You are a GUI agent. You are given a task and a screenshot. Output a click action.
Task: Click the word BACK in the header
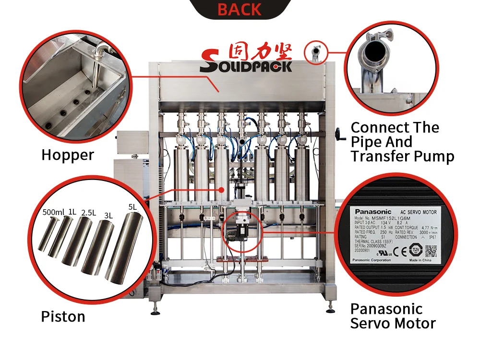(x=240, y=9)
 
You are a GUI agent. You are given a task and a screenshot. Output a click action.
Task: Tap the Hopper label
(x=68, y=155)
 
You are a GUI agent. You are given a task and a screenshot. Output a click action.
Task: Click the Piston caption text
(x=63, y=317)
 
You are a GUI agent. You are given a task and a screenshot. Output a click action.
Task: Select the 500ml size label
(x=54, y=212)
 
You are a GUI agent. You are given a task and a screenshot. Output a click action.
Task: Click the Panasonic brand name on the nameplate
(x=373, y=211)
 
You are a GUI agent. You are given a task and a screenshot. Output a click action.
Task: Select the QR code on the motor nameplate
(x=431, y=250)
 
